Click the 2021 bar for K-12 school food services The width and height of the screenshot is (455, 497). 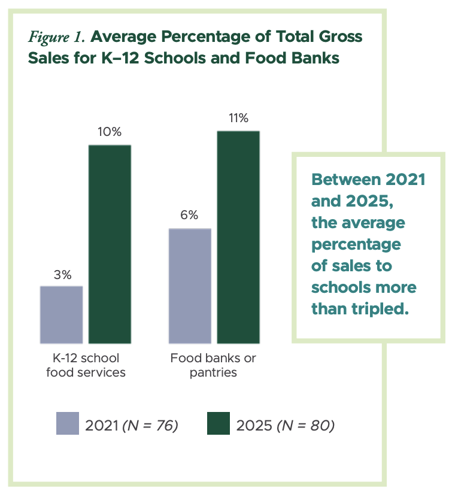[61, 314]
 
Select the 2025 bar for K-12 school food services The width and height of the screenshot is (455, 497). [110, 244]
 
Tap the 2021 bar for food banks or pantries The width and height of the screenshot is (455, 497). [190, 286]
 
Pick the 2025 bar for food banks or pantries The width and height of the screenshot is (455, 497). [238, 237]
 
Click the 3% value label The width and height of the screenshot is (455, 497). [61, 275]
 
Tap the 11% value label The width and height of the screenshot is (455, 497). [238, 119]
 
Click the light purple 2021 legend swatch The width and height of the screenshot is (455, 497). [68, 423]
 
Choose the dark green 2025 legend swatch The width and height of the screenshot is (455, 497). [219, 423]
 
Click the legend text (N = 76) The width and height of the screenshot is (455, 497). [150, 426]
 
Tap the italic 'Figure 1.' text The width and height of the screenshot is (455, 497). [58, 37]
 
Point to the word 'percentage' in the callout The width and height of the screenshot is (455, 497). [356, 245]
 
